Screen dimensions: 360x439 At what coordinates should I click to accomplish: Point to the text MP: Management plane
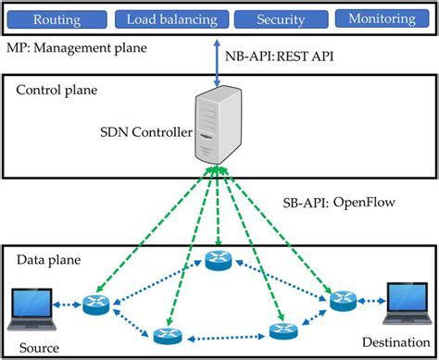[x=76, y=46]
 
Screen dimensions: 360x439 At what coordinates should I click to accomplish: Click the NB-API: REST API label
[x=279, y=56]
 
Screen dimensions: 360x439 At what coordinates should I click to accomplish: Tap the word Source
[x=37, y=347]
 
